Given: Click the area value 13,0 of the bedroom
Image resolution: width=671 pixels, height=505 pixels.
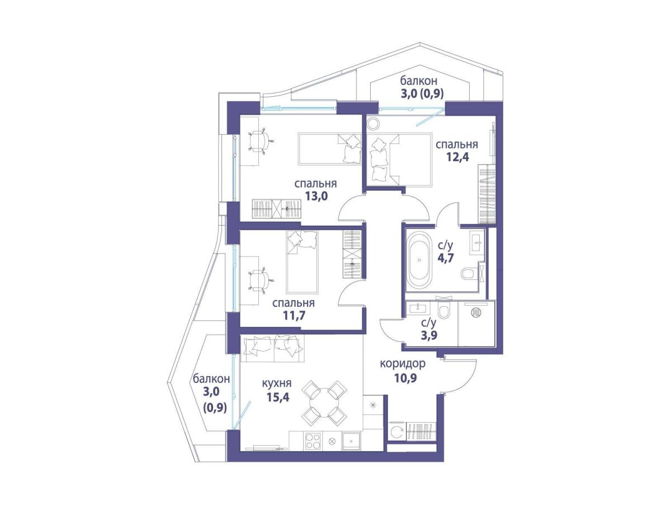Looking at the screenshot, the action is [x=316, y=195].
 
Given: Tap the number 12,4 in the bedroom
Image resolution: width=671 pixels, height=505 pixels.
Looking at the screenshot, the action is [x=457, y=157].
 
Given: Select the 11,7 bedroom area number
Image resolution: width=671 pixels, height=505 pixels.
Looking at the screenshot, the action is [x=294, y=315].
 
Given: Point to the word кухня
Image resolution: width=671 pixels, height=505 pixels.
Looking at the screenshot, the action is [x=276, y=383].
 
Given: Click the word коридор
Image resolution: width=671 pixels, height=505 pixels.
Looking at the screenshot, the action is [x=402, y=363].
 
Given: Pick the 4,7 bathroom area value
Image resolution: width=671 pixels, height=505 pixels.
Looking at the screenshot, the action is [x=445, y=258].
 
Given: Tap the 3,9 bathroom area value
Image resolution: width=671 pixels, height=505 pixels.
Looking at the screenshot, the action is [x=428, y=335].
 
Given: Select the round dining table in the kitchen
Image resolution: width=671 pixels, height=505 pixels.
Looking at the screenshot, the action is [x=324, y=404].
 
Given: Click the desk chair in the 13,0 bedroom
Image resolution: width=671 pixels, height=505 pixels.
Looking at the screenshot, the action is [x=261, y=141].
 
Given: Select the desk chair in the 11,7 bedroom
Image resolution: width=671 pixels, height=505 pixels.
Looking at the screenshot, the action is [x=261, y=280].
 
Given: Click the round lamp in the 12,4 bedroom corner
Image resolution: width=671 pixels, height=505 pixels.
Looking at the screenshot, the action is [x=374, y=124].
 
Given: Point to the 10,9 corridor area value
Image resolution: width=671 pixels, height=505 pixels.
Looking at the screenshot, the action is [x=405, y=378].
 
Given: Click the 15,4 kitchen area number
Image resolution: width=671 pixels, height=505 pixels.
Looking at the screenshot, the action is [x=278, y=397].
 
